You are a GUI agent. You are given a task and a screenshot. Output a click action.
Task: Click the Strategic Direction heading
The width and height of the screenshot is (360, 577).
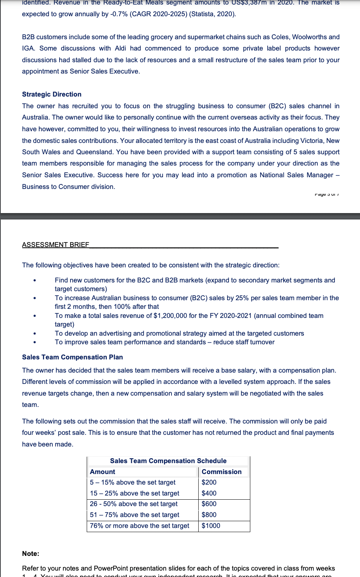[52, 94]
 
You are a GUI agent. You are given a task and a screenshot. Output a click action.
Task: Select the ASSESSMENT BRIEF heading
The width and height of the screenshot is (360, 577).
[55, 245]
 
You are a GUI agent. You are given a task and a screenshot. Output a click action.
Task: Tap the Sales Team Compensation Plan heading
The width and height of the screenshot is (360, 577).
[72, 357]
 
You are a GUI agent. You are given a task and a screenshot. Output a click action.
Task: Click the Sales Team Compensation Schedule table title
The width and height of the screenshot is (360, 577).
[168, 461]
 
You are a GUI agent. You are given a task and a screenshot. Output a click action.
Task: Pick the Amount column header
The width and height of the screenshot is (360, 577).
[103, 472]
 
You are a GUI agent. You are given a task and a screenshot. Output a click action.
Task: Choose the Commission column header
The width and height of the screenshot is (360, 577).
[222, 472]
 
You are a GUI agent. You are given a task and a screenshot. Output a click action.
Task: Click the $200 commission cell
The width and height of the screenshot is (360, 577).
[209, 482]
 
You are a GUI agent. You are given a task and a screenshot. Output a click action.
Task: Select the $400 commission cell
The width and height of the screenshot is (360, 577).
[209, 493]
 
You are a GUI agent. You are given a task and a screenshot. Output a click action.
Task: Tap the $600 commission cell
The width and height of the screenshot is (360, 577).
[209, 504]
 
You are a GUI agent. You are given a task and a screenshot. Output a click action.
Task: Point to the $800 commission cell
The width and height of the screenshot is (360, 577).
[209, 515]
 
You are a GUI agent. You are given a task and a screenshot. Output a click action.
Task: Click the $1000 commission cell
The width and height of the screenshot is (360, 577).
[211, 526]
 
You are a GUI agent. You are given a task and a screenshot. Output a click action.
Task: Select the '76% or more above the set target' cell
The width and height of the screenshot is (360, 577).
[139, 526]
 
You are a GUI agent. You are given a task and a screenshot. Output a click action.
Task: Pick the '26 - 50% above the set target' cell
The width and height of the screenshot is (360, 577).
[134, 504]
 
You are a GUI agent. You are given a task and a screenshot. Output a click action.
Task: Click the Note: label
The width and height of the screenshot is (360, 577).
[31, 554]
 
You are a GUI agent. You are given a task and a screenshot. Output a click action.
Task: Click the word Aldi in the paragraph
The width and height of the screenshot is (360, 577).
[121, 48]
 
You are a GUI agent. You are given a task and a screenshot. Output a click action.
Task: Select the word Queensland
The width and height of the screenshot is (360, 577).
[94, 152]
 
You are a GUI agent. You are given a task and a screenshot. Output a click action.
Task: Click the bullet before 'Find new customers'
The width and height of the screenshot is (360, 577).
[35, 281]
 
